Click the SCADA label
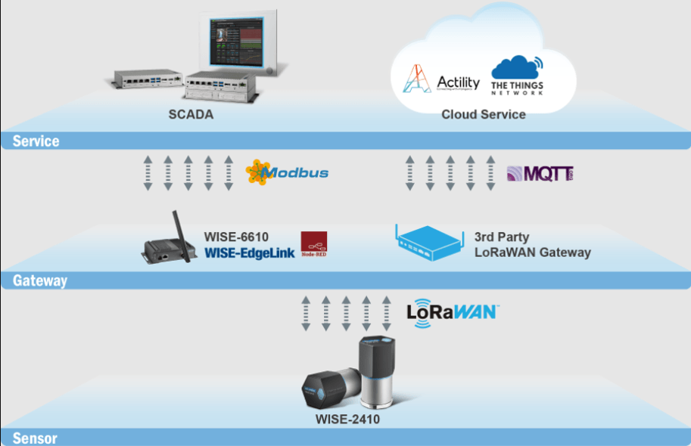[191, 115]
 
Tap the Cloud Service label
[484, 115]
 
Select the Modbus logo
[288, 172]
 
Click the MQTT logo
[540, 173]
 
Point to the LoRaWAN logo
[452, 311]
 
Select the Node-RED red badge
[313, 242]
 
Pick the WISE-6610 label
[236, 237]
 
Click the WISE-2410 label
[347, 418]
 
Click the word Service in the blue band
[36, 141]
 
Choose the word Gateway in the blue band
[39, 280]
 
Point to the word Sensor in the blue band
[35, 438]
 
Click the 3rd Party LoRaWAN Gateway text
[532, 244]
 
